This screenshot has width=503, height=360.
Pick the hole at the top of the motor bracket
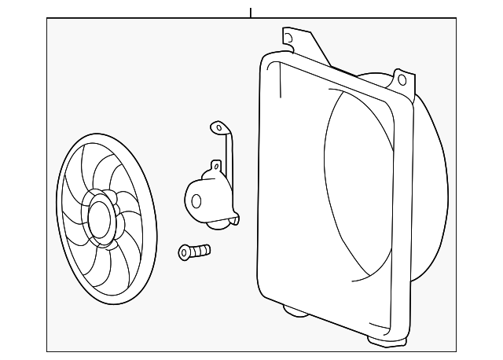click(x=215, y=126)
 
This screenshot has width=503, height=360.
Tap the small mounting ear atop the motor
click(x=214, y=165)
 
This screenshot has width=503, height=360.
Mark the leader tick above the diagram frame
click(x=251, y=13)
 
